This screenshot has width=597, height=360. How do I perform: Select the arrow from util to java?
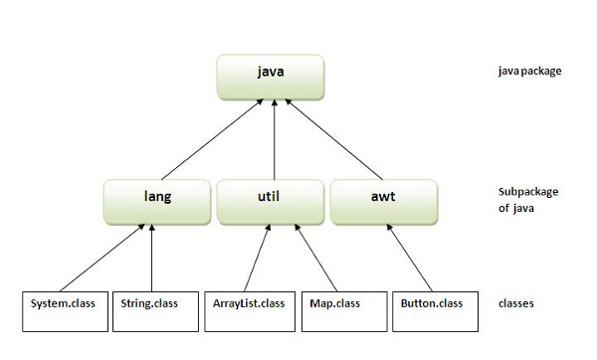click(x=274, y=139)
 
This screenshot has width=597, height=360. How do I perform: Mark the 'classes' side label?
click(x=516, y=302)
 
